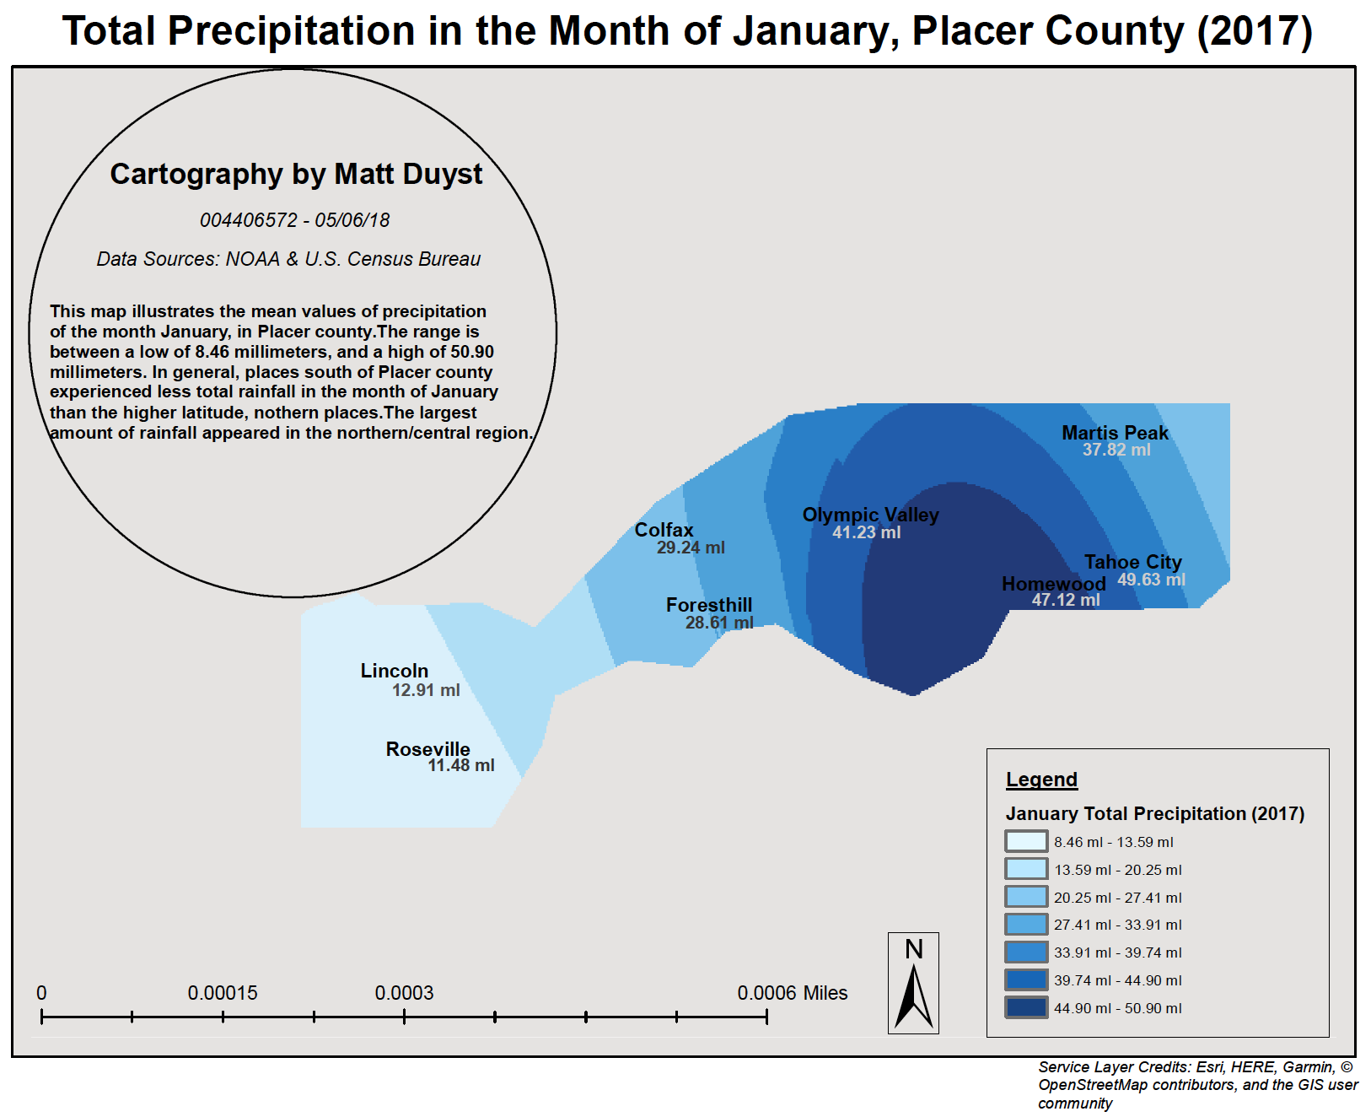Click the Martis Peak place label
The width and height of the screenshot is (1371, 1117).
pyautogui.click(x=1115, y=433)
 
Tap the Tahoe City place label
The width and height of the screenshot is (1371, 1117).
pyautogui.click(x=1132, y=562)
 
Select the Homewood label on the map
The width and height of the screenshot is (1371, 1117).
pyautogui.click(x=1053, y=584)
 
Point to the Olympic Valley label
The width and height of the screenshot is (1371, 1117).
pyautogui.click(x=870, y=515)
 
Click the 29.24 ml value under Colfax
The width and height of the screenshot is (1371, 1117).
pyautogui.click(x=691, y=548)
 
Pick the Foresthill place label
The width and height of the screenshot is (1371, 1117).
pyautogui.click(x=708, y=605)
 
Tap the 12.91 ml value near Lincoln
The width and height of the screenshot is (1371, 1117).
pyautogui.click(x=426, y=690)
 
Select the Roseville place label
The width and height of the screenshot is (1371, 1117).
pyautogui.click(x=427, y=749)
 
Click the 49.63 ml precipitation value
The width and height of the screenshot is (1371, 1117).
pyautogui.click(x=1151, y=580)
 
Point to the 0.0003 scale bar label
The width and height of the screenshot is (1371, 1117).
pyautogui.click(x=404, y=993)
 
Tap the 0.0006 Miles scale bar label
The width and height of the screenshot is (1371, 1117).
pyautogui.click(x=792, y=993)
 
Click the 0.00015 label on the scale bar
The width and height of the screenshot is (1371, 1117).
pyautogui.click(x=223, y=993)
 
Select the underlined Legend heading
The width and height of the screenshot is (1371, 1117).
pyautogui.click(x=1041, y=780)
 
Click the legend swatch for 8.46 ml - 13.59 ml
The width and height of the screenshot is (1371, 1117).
pyautogui.click(x=1026, y=842)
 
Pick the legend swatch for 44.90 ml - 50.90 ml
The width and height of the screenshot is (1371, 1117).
pyautogui.click(x=1026, y=1008)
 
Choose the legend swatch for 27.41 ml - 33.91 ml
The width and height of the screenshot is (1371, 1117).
pyautogui.click(x=1026, y=925)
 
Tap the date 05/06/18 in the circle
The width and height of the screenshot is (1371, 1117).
pyautogui.click(x=352, y=220)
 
